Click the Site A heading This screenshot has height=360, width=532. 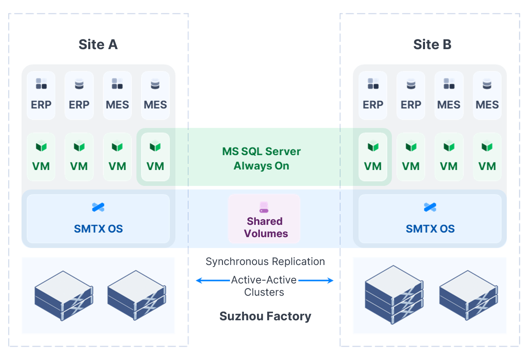coord(98,44)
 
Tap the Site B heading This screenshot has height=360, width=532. coord(432,44)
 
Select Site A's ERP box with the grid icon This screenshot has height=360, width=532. coord(41,95)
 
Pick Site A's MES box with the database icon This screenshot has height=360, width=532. coord(155,95)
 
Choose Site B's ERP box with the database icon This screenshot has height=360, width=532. coord(411,95)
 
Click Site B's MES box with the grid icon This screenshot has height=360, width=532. coord(449,95)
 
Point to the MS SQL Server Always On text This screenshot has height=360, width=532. coord(261,158)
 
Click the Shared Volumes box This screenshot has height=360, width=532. coord(264,219)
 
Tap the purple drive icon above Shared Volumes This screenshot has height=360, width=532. coord(264,207)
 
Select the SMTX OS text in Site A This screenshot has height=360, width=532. coord(98,229)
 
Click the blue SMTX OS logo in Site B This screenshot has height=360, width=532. coord(430,207)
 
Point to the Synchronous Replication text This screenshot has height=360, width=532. coord(265,262)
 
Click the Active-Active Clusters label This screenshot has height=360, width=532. coord(264,286)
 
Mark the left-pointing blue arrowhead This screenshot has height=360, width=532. coord(199,281)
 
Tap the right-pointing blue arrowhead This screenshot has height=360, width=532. coord(330,281)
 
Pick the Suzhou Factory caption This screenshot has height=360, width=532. coord(265,316)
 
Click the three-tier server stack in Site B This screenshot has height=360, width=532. coord(394,295)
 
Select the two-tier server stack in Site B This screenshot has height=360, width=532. coord(468,295)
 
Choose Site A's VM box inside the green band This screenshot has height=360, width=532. coord(155,157)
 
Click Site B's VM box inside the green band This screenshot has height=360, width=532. coord(373,157)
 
